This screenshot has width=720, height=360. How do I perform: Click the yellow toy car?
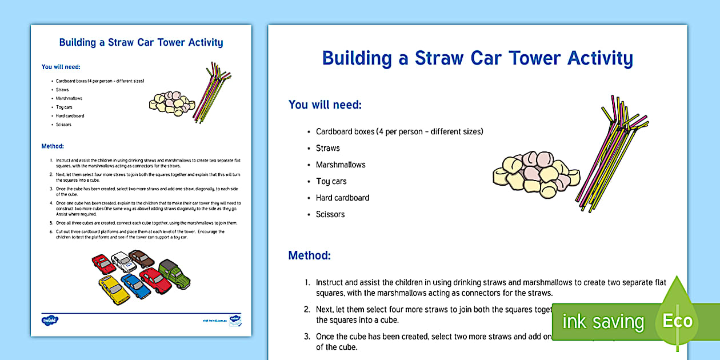[x=114, y=290]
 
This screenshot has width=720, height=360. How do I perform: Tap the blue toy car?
[x=136, y=286]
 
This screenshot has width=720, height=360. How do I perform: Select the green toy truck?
[x=174, y=273]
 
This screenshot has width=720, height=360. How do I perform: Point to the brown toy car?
[x=142, y=259]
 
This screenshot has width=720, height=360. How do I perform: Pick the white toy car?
[x=124, y=262]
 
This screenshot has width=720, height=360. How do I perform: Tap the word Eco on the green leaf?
[x=678, y=321]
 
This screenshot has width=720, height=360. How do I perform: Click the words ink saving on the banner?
[x=602, y=322]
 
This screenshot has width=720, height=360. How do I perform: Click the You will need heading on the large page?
[x=325, y=105]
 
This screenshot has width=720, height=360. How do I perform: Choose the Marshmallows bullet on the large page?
[x=341, y=165]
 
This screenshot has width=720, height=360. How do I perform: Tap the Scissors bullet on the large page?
[x=330, y=214]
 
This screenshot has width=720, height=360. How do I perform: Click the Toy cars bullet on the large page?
[x=331, y=181]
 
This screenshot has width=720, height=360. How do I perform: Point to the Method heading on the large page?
[x=309, y=255]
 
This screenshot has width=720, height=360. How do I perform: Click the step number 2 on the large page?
[x=307, y=310]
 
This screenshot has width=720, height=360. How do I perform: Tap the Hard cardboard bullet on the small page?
[x=70, y=116]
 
